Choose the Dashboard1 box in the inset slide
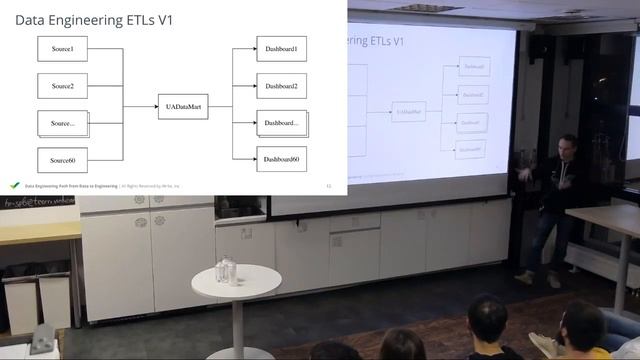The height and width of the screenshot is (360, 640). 281,49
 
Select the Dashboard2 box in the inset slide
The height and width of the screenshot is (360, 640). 281,87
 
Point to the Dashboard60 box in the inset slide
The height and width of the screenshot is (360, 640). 281,160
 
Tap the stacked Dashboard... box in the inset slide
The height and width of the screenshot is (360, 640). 281,123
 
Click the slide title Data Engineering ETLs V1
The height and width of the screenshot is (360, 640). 94,19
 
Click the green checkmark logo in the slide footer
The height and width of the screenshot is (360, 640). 14,185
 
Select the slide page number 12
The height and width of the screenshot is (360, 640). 329,186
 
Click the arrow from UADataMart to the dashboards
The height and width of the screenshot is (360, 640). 218,105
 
